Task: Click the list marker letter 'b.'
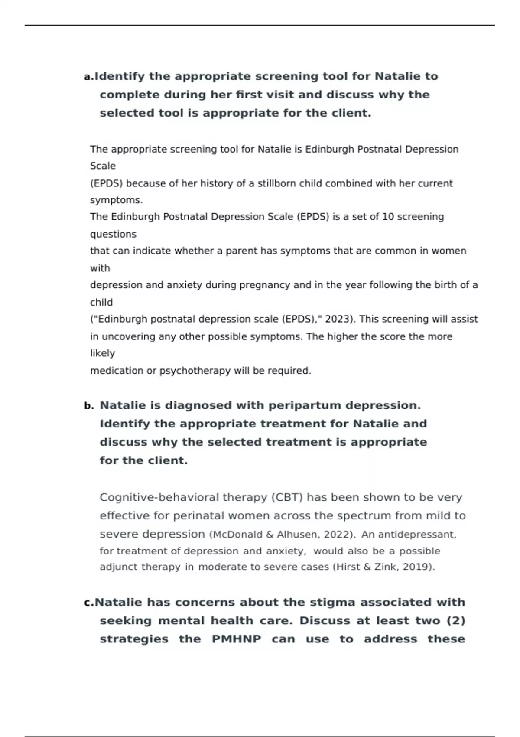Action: [x=89, y=406]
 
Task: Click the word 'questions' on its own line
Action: [x=113, y=234]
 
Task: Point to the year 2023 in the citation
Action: [x=337, y=319]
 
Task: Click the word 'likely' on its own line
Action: [x=102, y=353]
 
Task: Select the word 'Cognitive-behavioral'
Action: [x=159, y=497]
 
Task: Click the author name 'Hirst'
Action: [x=346, y=567]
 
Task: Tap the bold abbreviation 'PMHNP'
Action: [x=236, y=639]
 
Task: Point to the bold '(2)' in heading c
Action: [x=455, y=621]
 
